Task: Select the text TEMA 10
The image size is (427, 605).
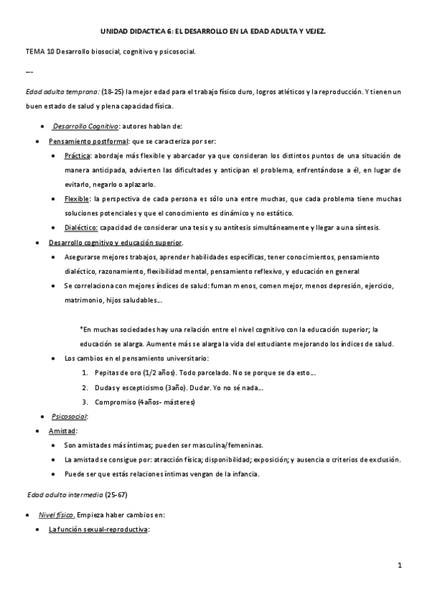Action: pyautogui.click(x=39, y=53)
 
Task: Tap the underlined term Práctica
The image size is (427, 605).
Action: pyautogui.click(x=77, y=155)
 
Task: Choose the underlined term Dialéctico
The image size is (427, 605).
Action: pyautogui.click(x=81, y=227)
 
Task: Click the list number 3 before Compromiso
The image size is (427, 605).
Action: pyautogui.click(x=86, y=402)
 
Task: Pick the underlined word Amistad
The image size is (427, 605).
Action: pyautogui.click(x=63, y=431)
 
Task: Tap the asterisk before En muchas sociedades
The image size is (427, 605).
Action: pyautogui.click(x=81, y=329)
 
